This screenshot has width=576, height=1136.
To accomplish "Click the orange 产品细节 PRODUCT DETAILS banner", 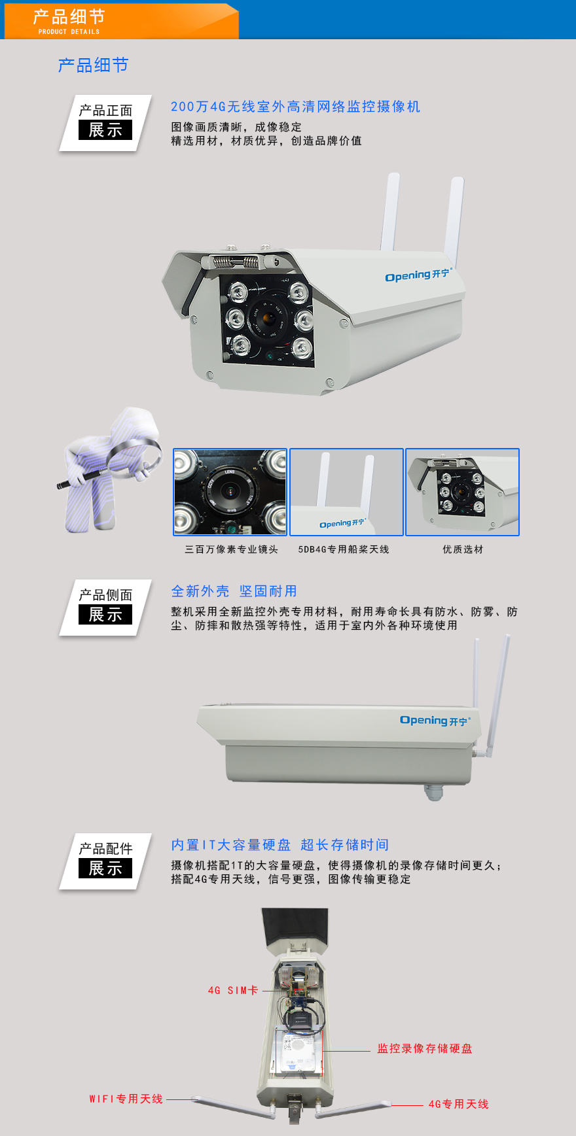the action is (121, 21).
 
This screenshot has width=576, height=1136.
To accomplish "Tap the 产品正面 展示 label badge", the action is (105, 123).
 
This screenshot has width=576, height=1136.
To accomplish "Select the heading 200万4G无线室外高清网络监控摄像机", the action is (295, 107).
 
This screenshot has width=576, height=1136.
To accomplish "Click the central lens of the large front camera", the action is (268, 319).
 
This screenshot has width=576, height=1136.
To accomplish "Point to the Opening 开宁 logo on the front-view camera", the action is (418, 275).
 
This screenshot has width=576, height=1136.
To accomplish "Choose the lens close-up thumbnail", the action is (230, 492).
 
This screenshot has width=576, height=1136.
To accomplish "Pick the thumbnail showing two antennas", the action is (346, 492).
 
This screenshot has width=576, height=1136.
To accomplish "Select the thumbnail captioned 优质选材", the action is (462, 492).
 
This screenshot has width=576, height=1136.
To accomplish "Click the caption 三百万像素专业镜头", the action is (231, 549).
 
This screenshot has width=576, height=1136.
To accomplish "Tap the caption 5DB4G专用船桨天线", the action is (344, 549).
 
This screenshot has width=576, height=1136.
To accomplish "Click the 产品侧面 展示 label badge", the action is (105, 608).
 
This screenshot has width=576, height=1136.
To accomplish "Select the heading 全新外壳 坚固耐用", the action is (234, 591).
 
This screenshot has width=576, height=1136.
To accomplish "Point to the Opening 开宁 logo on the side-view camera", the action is (435, 720).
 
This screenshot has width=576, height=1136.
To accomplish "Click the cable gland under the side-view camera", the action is (433, 791).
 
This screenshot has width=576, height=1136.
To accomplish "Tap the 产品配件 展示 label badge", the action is (105, 861).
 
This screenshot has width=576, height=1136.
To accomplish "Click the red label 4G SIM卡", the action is (232, 991).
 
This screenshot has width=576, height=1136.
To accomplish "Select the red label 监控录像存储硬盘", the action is (424, 1048).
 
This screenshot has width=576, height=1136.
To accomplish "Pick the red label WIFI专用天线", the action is (126, 1099).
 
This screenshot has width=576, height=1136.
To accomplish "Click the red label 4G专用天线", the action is (458, 1104).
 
